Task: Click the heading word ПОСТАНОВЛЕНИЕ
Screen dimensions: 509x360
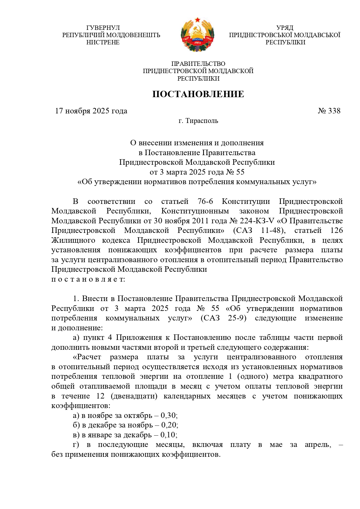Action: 198,94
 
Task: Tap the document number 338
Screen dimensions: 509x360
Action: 334,111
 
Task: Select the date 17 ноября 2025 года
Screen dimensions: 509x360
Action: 91,111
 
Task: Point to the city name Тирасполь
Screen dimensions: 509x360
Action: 202,121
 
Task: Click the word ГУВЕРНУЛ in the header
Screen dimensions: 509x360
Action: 103,28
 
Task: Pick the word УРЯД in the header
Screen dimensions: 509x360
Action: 285,28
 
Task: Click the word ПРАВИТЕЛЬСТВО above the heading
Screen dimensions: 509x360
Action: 198,64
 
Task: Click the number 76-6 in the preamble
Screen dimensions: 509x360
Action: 205,201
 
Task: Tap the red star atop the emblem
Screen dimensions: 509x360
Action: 198,20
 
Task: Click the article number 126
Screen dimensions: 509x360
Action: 337,231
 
